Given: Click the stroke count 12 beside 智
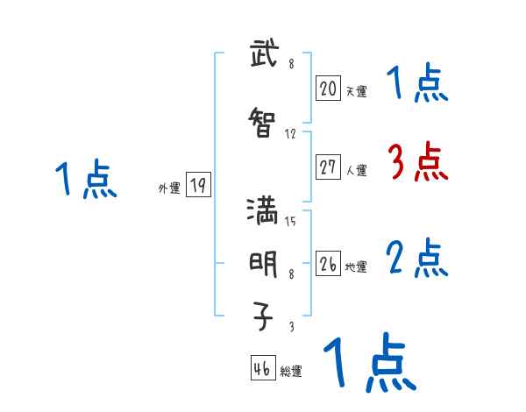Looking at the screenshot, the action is (x=291, y=134).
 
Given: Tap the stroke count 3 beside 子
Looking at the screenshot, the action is (x=291, y=327).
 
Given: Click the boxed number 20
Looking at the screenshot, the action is (x=328, y=88).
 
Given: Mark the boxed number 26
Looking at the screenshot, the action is (x=328, y=264).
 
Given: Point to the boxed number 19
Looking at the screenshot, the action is (x=198, y=185).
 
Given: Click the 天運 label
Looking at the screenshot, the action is (x=355, y=90).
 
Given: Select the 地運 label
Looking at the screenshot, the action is (x=355, y=266).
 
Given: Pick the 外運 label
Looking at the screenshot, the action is (x=168, y=188).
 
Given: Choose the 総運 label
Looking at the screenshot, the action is (x=290, y=372).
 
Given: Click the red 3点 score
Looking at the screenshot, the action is (x=417, y=162).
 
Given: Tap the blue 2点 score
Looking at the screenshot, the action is (x=417, y=259).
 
